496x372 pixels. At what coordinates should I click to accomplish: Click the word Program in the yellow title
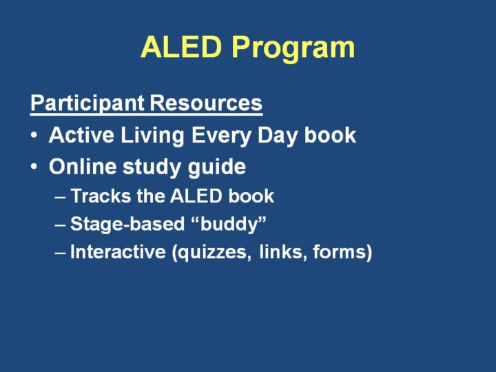(293, 49)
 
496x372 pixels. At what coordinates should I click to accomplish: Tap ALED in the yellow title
(181, 47)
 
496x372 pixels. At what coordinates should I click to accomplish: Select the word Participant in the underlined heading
(87, 103)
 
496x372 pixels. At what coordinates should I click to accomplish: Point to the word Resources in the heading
(206, 103)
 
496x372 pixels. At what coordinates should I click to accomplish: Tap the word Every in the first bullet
(220, 136)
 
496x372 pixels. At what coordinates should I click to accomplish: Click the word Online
(83, 167)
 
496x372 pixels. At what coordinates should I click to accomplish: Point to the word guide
(217, 167)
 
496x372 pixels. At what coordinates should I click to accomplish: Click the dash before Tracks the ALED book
(60, 197)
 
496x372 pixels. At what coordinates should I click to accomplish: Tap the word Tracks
(101, 196)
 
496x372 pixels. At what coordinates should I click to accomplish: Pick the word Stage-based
(127, 225)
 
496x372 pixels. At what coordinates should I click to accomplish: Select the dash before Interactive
(60, 253)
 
